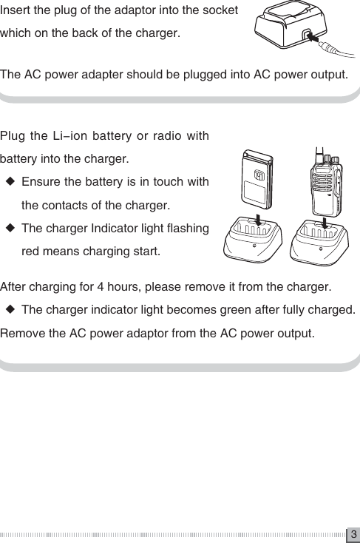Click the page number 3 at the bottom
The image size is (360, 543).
tap(353, 534)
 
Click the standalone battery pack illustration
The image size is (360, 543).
tap(257, 185)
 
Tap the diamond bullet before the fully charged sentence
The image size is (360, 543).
tap(10, 308)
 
